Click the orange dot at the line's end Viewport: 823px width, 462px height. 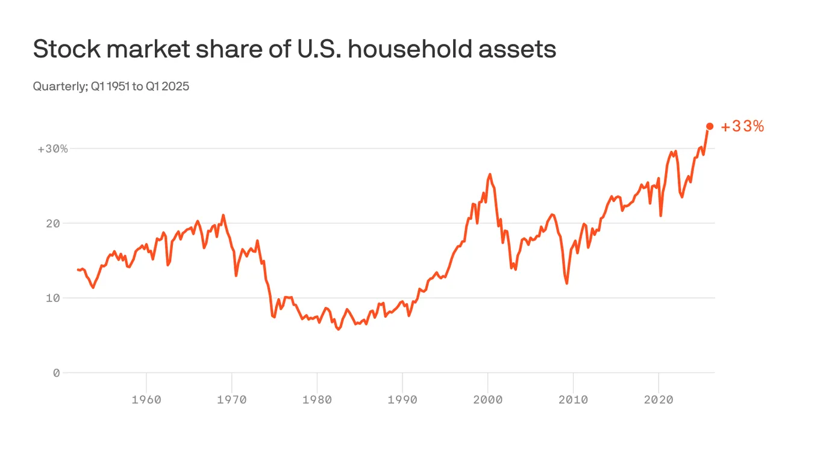tap(710, 126)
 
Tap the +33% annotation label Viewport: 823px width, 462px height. tap(742, 126)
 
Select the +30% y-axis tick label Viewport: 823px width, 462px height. tap(53, 149)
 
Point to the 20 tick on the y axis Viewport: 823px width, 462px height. tap(53, 223)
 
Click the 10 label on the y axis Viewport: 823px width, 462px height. tap(53, 298)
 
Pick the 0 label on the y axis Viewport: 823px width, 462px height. tap(56, 373)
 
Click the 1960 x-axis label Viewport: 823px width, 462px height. tap(146, 399)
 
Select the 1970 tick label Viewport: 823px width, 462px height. tap(231, 399)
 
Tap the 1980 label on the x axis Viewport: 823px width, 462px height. tap(317, 399)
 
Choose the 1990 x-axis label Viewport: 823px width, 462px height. tap(402, 399)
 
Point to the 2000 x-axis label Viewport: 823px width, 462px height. tap(487, 399)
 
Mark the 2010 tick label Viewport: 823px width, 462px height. tap(573, 399)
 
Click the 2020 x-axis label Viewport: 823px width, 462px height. tap(659, 399)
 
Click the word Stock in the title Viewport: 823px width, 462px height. tap(67, 49)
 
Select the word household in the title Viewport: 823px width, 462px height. tap(410, 49)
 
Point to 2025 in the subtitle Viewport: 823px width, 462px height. tap(175, 86)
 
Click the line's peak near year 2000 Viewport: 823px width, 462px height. tap(490, 174)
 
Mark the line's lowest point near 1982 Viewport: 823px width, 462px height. tap(339, 329)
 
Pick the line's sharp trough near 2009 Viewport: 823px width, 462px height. tap(567, 283)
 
